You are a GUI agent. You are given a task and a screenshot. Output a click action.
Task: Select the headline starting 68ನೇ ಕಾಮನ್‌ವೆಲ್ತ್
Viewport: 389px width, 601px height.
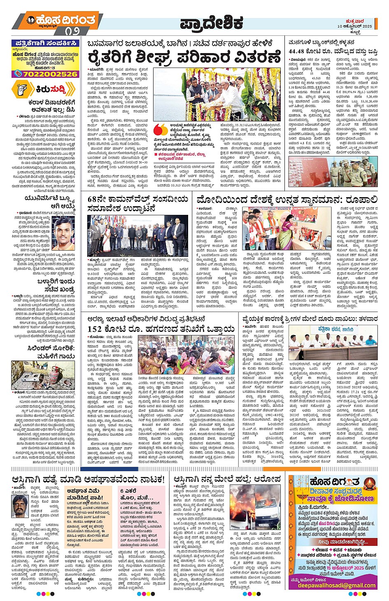pos(138,204)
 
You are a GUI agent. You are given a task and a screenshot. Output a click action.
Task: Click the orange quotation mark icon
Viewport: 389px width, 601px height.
pos(161,130)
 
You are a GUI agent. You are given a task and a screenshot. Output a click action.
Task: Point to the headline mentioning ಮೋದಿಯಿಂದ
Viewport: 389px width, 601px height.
pos(287,200)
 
